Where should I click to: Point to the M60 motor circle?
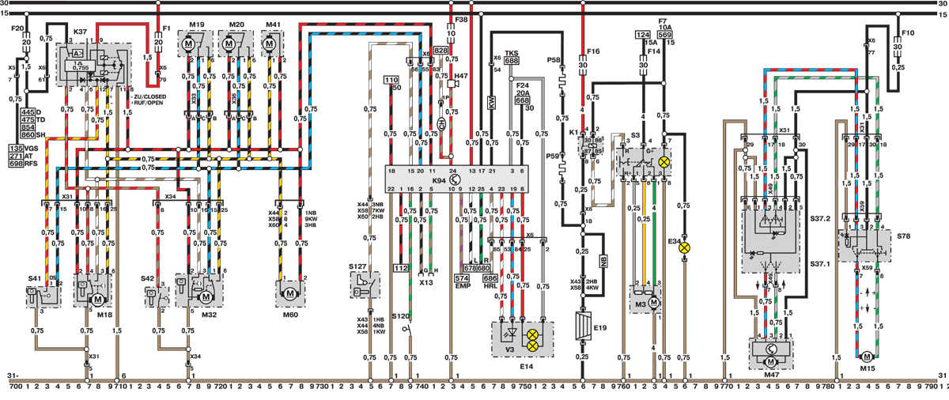pyautogui.click(x=289, y=293)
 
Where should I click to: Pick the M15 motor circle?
pyautogui.click(x=867, y=358)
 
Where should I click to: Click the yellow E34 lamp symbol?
pyautogui.click(x=686, y=247)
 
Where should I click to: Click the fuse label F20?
pyautogui.click(x=17, y=30)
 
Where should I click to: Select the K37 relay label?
pyautogui.click(x=79, y=32)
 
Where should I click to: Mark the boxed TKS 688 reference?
pyautogui.click(x=512, y=56)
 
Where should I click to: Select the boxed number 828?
pyautogui.click(x=440, y=50)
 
